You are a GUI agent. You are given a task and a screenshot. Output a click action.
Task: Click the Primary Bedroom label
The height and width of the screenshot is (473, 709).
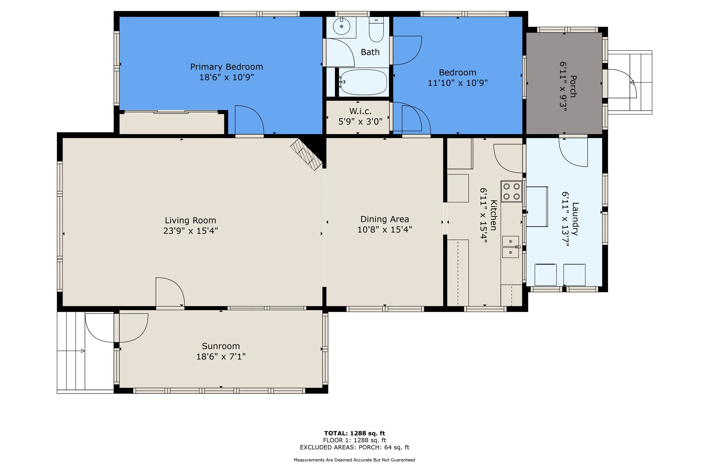coord(226,67)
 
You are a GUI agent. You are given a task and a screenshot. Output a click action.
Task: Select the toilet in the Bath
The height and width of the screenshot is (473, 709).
coord(376,29)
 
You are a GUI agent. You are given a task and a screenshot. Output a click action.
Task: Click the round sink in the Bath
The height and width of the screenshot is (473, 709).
coord(341,26)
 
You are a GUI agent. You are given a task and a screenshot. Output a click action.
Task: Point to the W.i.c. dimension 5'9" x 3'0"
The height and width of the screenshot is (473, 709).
coord(360,121)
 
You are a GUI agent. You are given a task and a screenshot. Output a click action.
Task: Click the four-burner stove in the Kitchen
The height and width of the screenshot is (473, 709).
coord(511,192)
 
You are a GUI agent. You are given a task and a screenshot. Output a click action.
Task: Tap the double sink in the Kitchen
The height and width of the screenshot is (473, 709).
coord(510,247)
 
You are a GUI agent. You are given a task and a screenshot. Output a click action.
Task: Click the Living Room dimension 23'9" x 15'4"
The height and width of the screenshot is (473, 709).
coord(191,231)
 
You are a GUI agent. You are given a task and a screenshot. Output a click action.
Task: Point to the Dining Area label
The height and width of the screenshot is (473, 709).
coord(385,219)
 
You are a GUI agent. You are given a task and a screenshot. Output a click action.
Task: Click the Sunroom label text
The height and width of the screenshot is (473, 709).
coord(221,346)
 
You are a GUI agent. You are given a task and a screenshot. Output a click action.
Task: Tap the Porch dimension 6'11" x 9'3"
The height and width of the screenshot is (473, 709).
coord(563,86)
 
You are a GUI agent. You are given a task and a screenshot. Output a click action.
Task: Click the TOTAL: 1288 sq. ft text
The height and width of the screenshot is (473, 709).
coord(354,434)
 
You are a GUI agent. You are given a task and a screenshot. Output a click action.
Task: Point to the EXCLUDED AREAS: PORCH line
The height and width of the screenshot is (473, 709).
coord(354,447)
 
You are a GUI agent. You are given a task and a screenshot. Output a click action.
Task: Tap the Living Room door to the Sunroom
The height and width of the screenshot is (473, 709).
coord(170,292)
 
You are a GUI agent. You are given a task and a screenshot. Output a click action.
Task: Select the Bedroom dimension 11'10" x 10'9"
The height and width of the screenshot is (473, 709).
coord(458,83)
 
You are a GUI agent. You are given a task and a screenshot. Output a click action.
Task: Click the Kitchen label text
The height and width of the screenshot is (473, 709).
coord(493,215)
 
